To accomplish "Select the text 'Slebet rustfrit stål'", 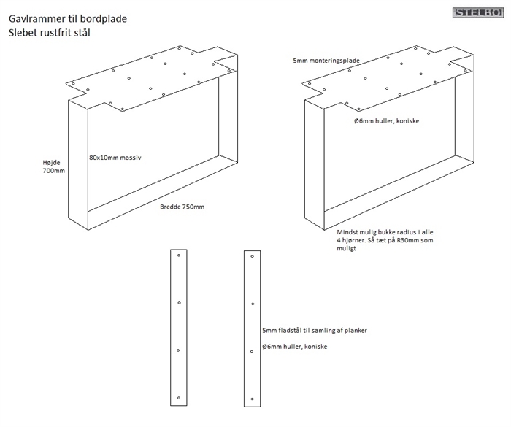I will [50, 33].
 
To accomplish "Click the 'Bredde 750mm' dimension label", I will [182, 207].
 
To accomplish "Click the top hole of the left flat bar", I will [179, 256].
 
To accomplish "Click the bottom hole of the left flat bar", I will [179, 398].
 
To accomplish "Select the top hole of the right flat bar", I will [252, 256].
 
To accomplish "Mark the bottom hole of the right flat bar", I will [252, 399].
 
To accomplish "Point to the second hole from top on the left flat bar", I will [179, 303].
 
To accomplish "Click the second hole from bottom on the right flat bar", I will [252, 351].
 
